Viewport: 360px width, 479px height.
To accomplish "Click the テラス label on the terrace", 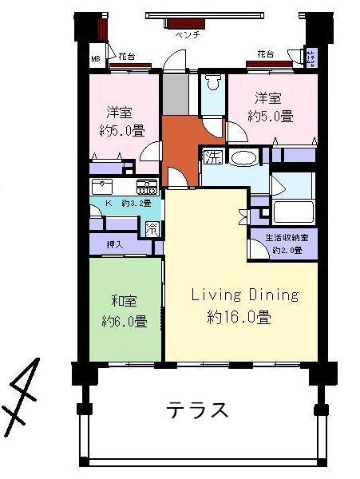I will (x=197, y=411).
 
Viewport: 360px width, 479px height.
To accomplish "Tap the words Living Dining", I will (x=244, y=295).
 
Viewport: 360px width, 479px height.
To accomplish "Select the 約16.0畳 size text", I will (x=239, y=317).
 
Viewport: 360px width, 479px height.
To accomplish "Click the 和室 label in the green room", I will (x=124, y=302).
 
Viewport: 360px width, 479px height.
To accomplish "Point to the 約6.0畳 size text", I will (x=124, y=322).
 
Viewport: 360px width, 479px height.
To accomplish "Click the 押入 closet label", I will (x=115, y=244).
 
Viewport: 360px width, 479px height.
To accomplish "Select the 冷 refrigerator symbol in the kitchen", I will (x=152, y=228).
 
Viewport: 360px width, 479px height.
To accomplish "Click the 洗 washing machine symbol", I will (x=212, y=156).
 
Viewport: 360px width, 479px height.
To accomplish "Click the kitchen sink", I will (x=104, y=187).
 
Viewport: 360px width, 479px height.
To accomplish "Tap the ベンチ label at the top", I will (x=187, y=36).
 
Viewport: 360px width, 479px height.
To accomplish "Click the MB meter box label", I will (x=95, y=59).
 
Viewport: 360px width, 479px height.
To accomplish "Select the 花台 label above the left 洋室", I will (x=126, y=56).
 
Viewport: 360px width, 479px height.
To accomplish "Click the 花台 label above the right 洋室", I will (x=265, y=53).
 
